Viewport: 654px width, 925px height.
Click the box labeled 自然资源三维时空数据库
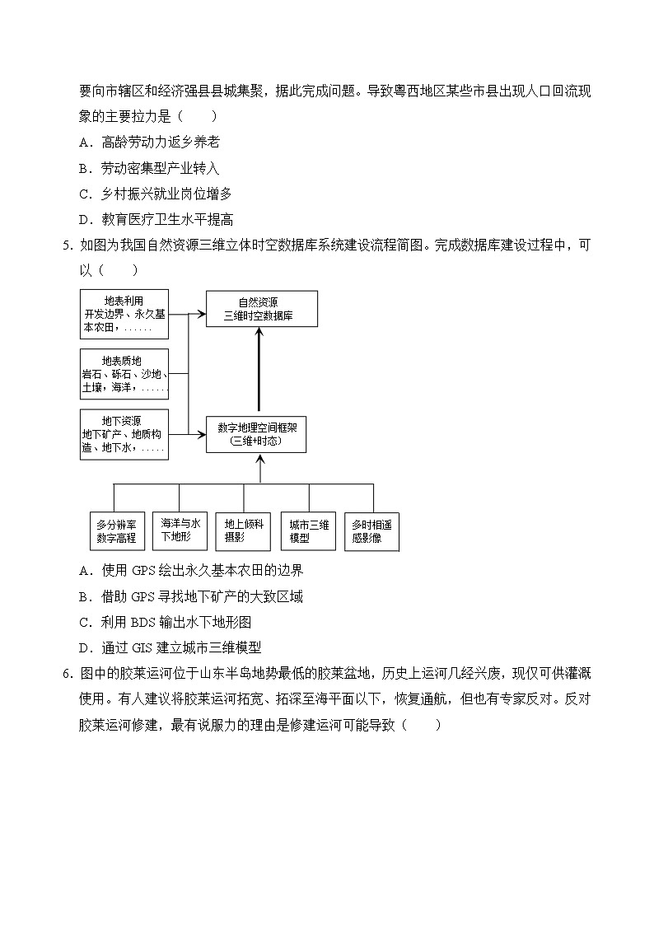coord(261,309)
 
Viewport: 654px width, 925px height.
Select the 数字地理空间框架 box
coord(256,434)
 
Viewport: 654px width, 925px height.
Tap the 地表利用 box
coord(124,314)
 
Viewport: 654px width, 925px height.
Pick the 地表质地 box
coord(124,373)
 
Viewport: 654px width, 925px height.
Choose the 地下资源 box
coord(124,434)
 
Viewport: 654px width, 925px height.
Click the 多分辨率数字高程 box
coord(115,531)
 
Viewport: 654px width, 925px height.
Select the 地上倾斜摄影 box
coord(244,530)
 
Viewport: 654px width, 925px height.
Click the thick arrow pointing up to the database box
coord(260,371)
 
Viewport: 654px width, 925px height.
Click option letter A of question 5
coord(84,571)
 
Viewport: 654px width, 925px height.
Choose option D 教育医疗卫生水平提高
coord(156,219)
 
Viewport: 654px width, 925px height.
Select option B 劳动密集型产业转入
coord(150,168)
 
